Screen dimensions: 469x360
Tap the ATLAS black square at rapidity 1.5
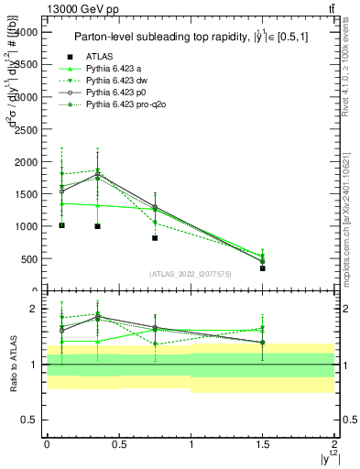(x=263, y=268)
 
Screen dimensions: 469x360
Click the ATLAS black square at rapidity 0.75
(x=155, y=237)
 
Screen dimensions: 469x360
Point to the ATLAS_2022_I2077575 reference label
(x=191, y=273)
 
